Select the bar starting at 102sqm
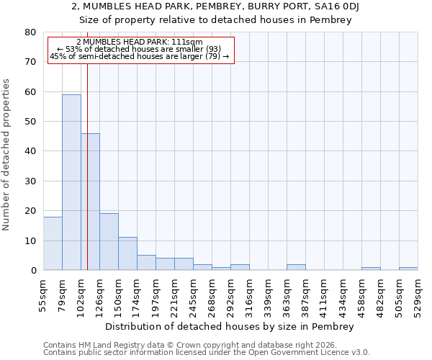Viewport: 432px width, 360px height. [x=90, y=202]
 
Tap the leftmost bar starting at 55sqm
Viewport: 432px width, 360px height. [x=53, y=243]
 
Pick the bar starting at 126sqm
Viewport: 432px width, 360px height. [x=109, y=242]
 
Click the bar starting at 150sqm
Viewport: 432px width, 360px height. [x=127, y=253]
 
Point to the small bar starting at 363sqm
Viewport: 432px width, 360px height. [x=296, y=267]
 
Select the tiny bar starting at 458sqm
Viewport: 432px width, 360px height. [x=371, y=269]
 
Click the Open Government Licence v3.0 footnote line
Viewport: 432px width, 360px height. [x=207, y=353]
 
